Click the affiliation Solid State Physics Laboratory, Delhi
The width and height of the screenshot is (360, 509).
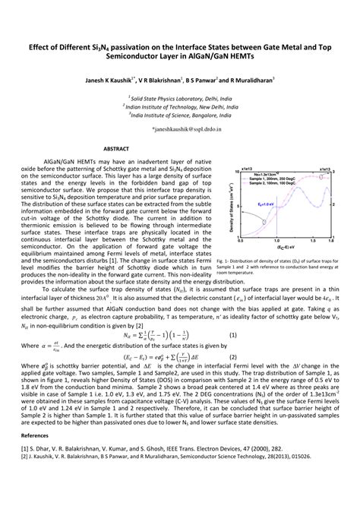coord(178,97)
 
